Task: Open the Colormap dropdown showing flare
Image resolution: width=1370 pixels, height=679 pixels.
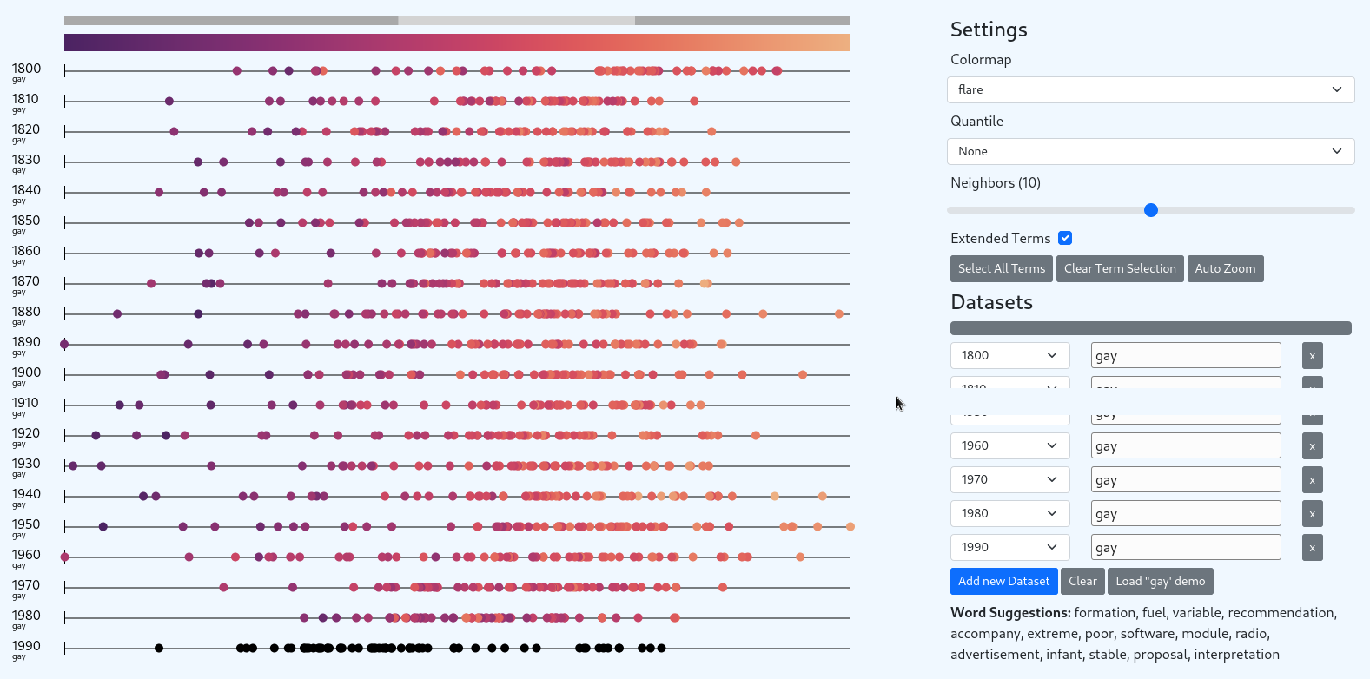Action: pos(1150,89)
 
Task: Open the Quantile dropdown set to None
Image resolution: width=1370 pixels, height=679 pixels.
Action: pos(1150,151)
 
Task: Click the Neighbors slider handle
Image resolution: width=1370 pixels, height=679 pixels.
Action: pos(1151,210)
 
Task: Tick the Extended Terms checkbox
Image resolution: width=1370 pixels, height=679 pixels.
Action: pos(1065,238)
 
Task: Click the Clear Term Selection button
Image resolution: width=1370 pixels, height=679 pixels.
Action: pos(1120,268)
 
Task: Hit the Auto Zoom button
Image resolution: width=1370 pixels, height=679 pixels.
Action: pos(1225,268)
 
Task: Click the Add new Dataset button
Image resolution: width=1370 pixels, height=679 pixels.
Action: pos(1003,581)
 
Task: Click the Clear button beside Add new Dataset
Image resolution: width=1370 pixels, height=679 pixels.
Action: pos(1082,581)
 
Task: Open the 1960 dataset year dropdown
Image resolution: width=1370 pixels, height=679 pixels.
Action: pos(1009,445)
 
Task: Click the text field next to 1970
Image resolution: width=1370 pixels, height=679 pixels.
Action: pos(1186,479)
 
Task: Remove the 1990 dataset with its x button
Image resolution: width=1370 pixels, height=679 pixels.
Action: pos(1312,548)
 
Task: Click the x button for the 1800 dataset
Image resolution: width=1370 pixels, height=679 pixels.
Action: pos(1312,355)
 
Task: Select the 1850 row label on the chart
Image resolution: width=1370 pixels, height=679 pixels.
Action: pos(26,221)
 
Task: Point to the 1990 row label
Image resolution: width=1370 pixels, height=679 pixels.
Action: pos(26,646)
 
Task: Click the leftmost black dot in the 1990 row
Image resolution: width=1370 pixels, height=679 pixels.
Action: pos(159,648)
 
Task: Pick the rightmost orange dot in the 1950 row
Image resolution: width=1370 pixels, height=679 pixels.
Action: pos(850,527)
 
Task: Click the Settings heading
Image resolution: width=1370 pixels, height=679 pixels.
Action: pos(989,30)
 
